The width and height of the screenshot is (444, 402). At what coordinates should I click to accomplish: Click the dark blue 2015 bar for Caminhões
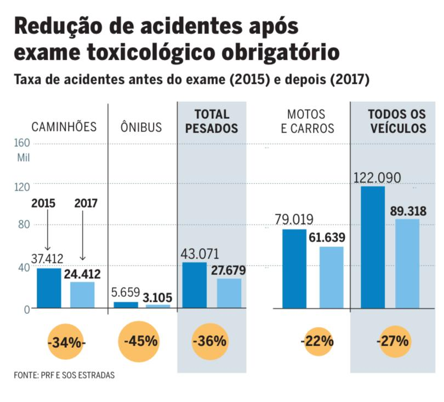pyautogui.click(x=49, y=288)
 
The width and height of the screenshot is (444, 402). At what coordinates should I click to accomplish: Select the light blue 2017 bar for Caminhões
pyautogui.click(x=82, y=295)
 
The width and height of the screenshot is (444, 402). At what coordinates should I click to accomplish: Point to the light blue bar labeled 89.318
pyautogui.click(x=407, y=263)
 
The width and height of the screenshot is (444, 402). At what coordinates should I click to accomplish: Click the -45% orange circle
pyautogui.click(x=141, y=341)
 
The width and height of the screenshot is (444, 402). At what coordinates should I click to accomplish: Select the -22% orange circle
pyautogui.click(x=318, y=341)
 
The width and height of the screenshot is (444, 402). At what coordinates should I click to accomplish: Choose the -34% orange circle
pyautogui.click(x=67, y=342)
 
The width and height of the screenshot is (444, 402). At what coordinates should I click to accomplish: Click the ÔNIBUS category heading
pyautogui.click(x=141, y=128)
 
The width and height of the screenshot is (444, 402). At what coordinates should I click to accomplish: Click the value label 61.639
pyautogui.click(x=339, y=237)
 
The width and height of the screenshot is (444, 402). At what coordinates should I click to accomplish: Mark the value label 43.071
pyautogui.click(x=200, y=254)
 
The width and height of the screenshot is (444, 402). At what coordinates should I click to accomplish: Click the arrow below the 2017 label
pyautogui.click(x=82, y=236)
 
